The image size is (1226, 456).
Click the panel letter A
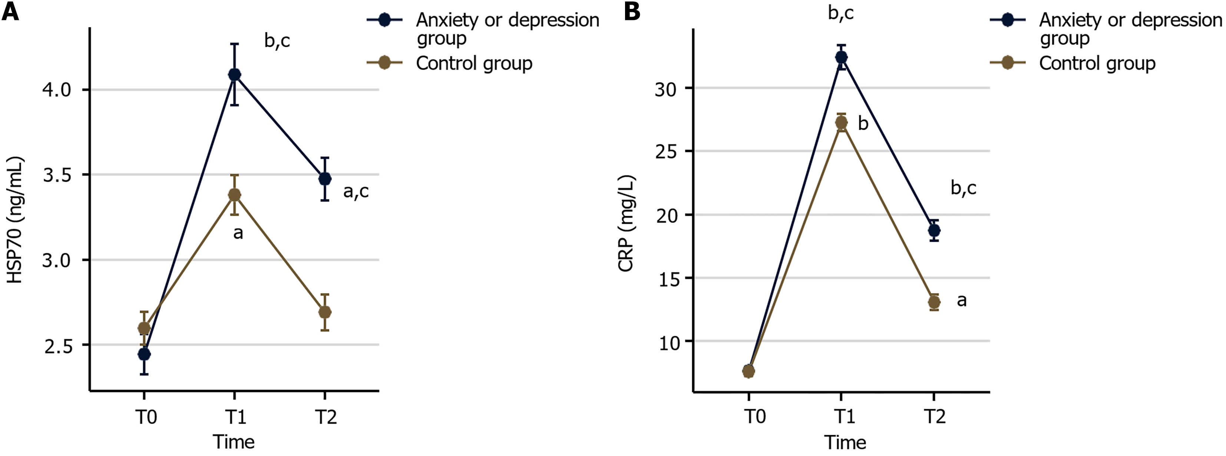coord(10,11)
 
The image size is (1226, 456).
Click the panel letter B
coord(632,11)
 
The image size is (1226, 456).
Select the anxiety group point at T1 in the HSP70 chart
coord(234,75)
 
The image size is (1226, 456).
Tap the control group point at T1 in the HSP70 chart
coord(234,195)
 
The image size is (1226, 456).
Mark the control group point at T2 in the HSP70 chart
coord(325,312)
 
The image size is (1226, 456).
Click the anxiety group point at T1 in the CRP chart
coord(841,57)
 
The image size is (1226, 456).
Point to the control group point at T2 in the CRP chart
coord(934,302)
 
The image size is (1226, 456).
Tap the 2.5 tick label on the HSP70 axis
coord(57,346)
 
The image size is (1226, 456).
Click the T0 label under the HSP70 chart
coord(146,417)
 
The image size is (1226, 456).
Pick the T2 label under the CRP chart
coord(935,417)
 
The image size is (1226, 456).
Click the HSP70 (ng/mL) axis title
coord(15,220)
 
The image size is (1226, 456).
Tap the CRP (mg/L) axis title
coord(626,224)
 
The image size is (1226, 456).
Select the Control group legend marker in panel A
coord(384,63)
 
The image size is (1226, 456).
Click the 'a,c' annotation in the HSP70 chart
coord(356,191)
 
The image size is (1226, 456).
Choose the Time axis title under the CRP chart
coord(845,443)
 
